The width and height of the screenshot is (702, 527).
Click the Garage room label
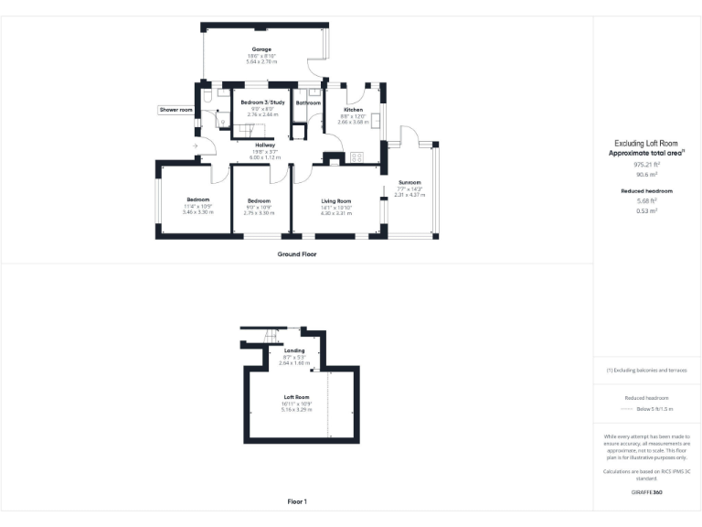pyautogui.click(x=261, y=49)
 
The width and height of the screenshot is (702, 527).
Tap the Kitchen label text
pyautogui.click(x=353, y=109)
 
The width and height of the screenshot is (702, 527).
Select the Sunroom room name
pyautogui.click(x=409, y=182)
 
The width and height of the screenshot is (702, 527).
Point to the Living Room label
pyautogui.click(x=336, y=200)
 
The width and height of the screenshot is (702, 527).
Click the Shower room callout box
pyautogui.click(x=176, y=110)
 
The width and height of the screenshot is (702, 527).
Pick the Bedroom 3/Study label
pyautogui.click(x=263, y=102)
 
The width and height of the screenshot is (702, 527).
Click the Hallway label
pyautogui.click(x=265, y=145)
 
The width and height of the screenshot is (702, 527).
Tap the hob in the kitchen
pyautogui.click(x=356, y=156)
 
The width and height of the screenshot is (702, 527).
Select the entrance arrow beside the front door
pyautogui.click(x=195, y=145)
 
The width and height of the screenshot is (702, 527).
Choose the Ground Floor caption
pyautogui.click(x=297, y=253)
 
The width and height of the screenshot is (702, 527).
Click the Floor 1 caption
pyautogui.click(x=297, y=501)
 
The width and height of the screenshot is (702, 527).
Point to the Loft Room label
pyautogui.click(x=297, y=397)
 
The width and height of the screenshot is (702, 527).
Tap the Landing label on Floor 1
pyautogui.click(x=294, y=350)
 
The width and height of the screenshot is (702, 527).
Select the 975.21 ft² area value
pyautogui.click(x=646, y=165)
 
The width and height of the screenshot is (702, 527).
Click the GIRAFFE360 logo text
pyautogui.click(x=646, y=493)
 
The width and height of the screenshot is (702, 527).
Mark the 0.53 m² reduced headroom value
pyautogui.click(x=646, y=210)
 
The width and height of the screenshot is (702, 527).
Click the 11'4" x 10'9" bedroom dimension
pyautogui.click(x=197, y=206)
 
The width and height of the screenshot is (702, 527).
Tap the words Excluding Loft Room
pyautogui.click(x=646, y=144)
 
